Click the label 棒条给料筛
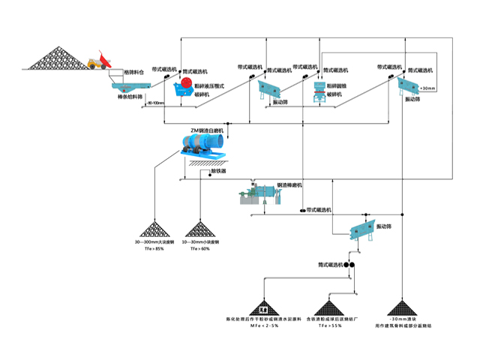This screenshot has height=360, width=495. pos(128,97)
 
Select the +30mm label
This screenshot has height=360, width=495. pos(428,88)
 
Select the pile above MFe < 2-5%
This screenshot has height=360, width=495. pos(263,306)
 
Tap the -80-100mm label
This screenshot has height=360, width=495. pos(155,103)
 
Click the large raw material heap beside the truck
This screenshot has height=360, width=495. pos(57,56)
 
